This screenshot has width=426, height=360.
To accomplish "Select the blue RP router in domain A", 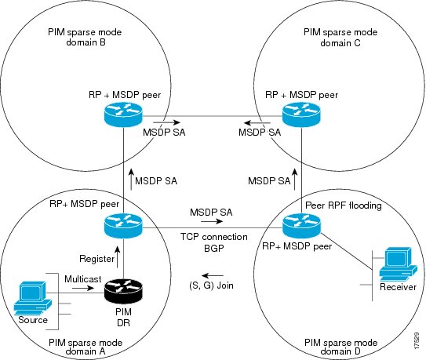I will [125, 227].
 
